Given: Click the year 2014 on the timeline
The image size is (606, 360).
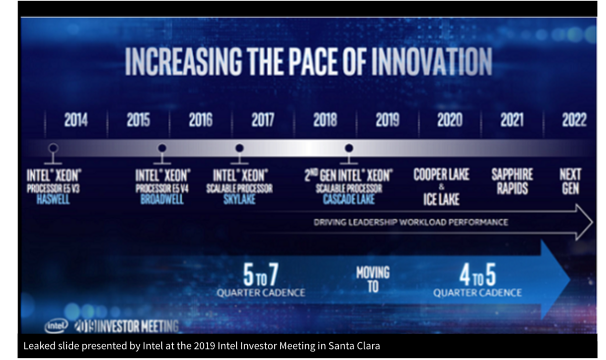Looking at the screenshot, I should click(x=76, y=120).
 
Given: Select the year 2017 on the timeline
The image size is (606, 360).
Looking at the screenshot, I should click(x=262, y=120).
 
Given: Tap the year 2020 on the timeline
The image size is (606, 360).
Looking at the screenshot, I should click(x=449, y=120).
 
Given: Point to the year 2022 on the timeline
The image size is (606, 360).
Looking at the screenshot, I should click(x=573, y=120).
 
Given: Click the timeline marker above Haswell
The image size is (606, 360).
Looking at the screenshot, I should click(x=53, y=148).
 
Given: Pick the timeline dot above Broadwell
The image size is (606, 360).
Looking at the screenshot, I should click(x=162, y=148).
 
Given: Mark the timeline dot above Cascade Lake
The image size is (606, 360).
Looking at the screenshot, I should click(x=349, y=148).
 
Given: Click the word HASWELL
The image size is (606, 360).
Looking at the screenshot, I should click(x=53, y=199).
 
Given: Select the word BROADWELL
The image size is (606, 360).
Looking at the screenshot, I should click(x=162, y=199).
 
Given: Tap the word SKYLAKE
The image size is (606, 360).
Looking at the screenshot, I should click(x=239, y=199).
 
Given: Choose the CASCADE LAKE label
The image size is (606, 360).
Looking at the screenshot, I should click(x=349, y=199).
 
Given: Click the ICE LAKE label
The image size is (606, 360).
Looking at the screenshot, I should click(x=441, y=199).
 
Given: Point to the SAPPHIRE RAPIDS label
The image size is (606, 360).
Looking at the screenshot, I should click(x=512, y=181).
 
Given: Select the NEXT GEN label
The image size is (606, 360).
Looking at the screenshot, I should click(x=570, y=181).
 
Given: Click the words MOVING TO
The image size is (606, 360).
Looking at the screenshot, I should click(x=373, y=279).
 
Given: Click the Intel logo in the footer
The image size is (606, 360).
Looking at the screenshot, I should click(x=56, y=325).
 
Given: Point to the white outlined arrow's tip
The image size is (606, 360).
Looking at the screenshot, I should click(x=592, y=222).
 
